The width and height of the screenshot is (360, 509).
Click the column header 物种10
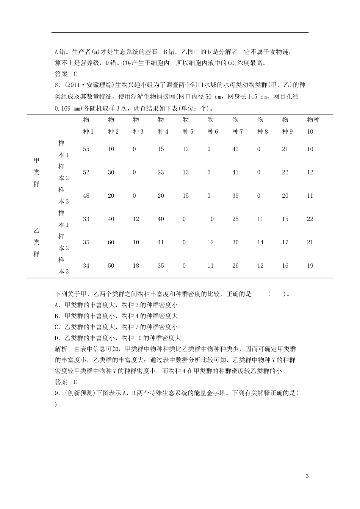[313, 126]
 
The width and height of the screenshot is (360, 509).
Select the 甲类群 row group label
[36, 172]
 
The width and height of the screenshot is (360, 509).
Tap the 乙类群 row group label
[36, 242]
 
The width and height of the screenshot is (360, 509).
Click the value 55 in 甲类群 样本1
[86, 149]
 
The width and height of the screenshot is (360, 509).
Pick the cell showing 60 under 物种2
[111, 242]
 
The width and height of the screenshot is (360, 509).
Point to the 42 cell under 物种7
[235, 149]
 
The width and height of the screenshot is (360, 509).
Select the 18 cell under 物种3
[136, 266]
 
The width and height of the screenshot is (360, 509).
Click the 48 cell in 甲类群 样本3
[86, 196]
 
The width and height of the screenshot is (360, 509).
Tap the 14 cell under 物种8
[260, 242]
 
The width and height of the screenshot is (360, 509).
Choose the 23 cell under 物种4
[161, 172]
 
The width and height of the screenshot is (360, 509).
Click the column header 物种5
[186, 126]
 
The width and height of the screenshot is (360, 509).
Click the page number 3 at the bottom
[307, 476]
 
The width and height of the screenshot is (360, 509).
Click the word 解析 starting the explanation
[61, 349]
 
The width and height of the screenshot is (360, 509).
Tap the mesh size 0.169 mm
[68, 108]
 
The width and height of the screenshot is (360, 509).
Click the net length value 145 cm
[254, 97]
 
